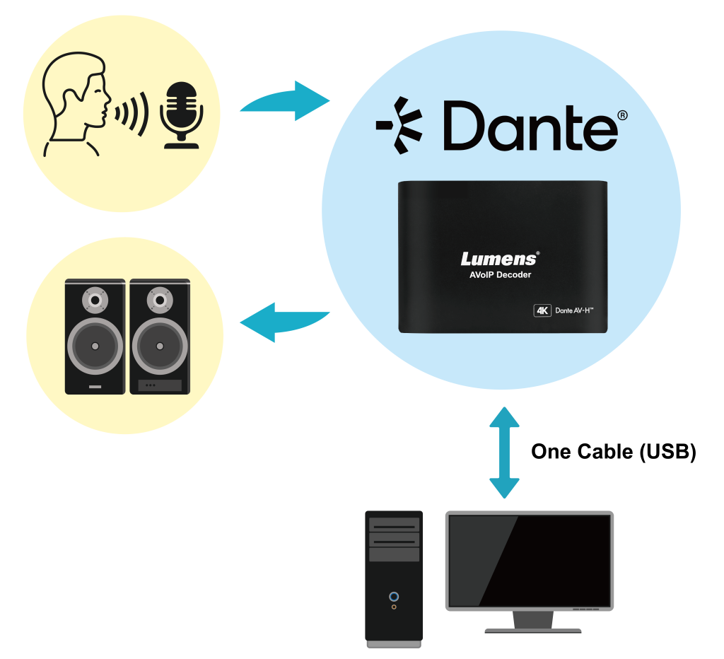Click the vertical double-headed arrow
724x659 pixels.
pos(504,453)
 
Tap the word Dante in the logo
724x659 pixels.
pos(530,125)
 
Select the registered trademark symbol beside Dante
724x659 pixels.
pos(622,115)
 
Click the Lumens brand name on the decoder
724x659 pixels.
pos(500,259)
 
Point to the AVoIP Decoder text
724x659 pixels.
pos(500,275)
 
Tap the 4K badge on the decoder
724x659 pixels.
pos(542,310)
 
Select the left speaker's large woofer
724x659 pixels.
pos(95,346)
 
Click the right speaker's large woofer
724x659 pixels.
pos(160,346)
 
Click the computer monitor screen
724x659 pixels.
pos(529,559)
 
